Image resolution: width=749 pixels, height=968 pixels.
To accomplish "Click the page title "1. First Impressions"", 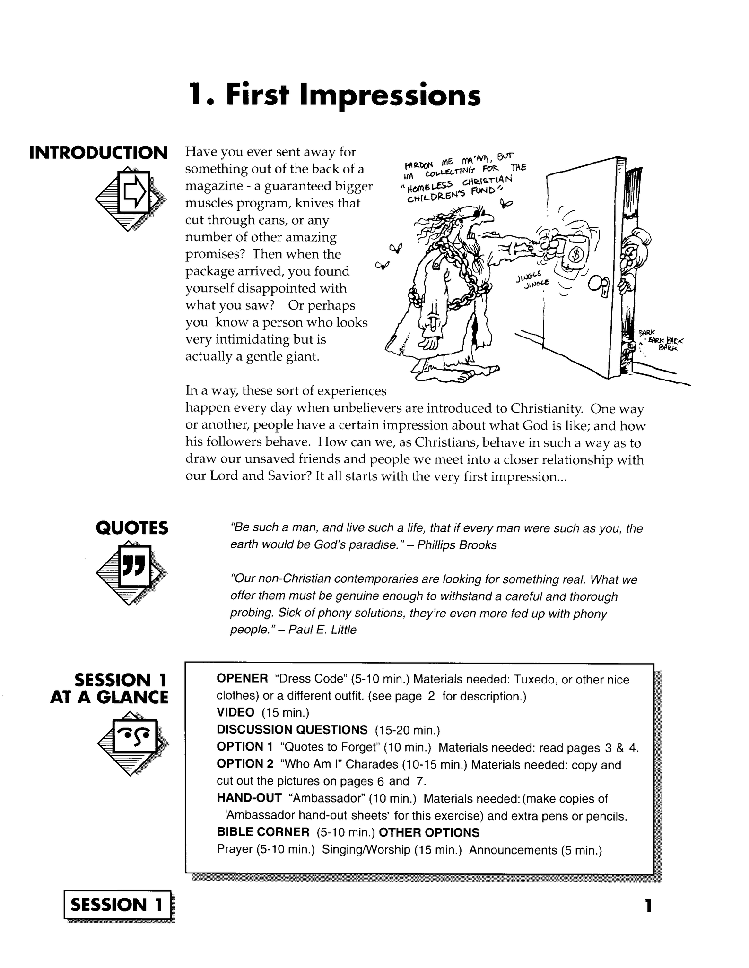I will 334,95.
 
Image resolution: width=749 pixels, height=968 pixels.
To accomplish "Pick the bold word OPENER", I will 242,679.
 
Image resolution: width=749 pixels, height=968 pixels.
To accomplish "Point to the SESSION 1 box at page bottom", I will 117,905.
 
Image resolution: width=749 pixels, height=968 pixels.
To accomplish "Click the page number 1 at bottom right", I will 648,906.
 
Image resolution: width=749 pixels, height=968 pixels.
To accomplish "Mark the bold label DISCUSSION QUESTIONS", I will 292,730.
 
